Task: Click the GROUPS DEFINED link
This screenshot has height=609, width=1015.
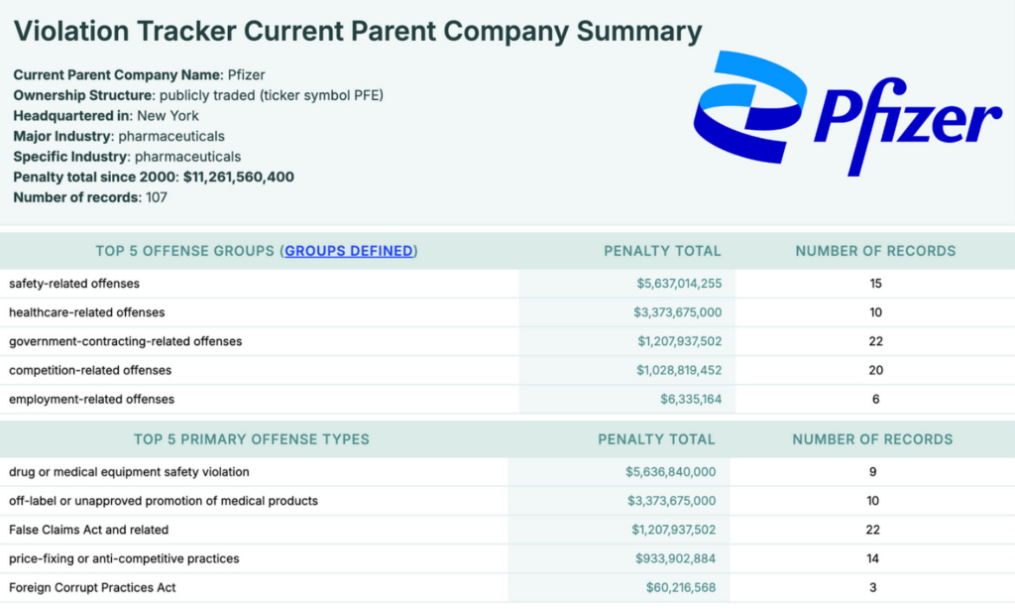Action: [349, 251]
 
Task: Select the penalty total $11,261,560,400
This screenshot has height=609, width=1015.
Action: [238, 177]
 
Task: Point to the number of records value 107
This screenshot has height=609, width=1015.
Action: [156, 196]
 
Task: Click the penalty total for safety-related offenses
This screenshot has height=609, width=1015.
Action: [679, 284]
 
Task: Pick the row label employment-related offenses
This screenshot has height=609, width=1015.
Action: [91, 399]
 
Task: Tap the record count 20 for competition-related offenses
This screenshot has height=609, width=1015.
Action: [875, 370]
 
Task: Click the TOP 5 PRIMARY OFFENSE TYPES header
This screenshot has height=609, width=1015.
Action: [252, 438]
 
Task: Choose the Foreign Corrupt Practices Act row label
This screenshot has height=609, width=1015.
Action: [93, 587]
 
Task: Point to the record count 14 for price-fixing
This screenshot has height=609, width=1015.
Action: [872, 558]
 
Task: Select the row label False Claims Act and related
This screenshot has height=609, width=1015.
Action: [89, 530]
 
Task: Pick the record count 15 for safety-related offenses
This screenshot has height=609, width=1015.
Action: [875, 284]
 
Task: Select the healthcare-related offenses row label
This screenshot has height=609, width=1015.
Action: [87, 312]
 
